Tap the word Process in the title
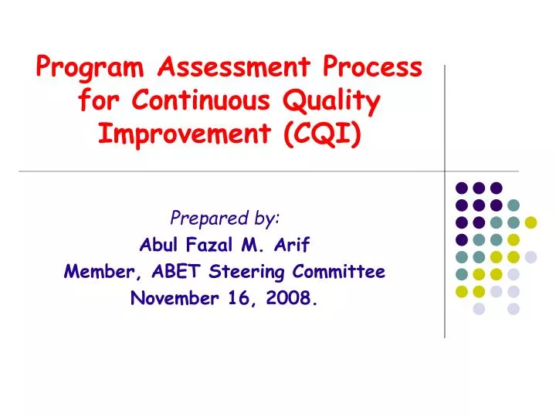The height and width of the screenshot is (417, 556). pyautogui.click(x=373, y=68)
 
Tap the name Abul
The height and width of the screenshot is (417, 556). pyautogui.click(x=157, y=246)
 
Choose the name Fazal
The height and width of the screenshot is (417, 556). pyautogui.click(x=208, y=246)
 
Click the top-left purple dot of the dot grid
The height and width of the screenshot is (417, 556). pyautogui.click(x=462, y=188)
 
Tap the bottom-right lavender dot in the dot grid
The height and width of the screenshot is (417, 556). pyautogui.click(x=514, y=309)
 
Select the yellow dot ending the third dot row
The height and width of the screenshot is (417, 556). pyautogui.click(x=531, y=222)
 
